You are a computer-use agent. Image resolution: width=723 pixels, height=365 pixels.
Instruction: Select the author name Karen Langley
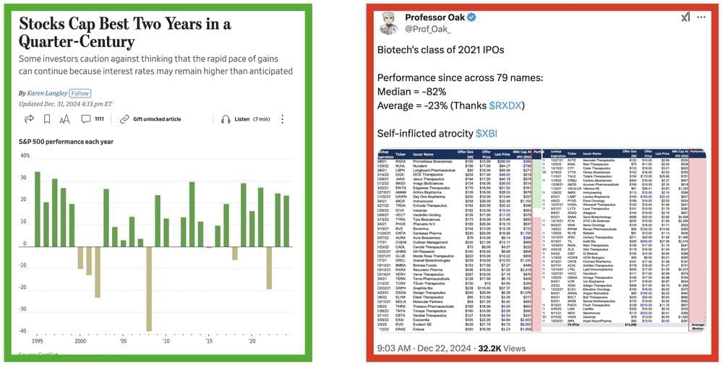[47, 93]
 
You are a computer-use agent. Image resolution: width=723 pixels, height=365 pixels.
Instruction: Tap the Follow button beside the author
[80, 93]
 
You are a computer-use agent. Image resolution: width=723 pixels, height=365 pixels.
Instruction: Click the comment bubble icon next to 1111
[85, 119]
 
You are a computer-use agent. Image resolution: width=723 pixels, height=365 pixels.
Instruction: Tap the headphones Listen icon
[226, 119]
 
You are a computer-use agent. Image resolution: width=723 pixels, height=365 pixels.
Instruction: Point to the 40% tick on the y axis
[25, 155]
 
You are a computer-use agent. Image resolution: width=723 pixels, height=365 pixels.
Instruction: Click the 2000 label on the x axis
[80, 340]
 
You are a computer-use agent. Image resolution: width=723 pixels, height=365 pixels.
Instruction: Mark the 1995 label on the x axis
[38, 340]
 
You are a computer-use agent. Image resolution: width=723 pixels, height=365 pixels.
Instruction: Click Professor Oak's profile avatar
[390, 22]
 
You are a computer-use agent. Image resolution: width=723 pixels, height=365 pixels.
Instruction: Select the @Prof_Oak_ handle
[429, 30]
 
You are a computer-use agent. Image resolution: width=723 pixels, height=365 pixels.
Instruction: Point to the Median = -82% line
[412, 92]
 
